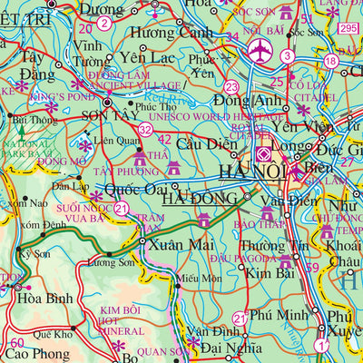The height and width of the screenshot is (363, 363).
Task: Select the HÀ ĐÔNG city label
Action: click(x=196, y=198)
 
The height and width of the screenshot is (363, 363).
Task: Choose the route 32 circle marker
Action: click(x=146, y=132)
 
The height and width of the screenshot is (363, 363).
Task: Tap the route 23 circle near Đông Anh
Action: click(x=233, y=87)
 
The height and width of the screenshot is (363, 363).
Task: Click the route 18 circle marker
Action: click(x=331, y=61)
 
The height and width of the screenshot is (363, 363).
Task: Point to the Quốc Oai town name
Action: click(x=137, y=190)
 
